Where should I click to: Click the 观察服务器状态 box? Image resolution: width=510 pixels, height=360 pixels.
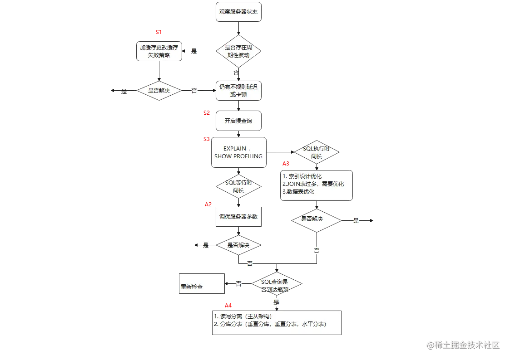click(x=238, y=12)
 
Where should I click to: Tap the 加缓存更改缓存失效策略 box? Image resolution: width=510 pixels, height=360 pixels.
click(x=158, y=51)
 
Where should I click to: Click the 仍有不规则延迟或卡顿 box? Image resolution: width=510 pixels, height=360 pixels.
click(x=238, y=90)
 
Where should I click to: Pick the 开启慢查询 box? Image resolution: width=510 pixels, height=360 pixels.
click(x=238, y=121)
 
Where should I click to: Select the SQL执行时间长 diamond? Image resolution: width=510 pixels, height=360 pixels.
click(x=316, y=153)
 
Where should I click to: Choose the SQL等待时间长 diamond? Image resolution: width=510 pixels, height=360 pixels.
click(x=238, y=186)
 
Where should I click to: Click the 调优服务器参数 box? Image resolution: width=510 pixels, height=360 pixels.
click(x=238, y=217)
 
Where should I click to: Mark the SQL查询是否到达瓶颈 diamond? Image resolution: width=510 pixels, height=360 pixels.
click(x=275, y=284)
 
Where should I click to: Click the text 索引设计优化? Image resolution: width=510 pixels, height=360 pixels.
click(x=305, y=176)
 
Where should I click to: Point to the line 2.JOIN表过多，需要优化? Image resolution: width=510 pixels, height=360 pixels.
click(x=313, y=184)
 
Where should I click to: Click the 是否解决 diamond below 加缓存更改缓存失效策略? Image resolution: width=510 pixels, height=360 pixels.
click(x=158, y=91)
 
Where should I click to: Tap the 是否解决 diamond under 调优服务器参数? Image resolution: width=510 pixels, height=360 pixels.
click(x=238, y=245)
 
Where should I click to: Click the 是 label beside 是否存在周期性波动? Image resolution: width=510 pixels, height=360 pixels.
click(x=194, y=51)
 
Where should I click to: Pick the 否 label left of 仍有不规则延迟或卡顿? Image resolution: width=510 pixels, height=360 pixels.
click(x=194, y=91)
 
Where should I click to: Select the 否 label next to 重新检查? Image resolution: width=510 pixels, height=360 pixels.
click(x=238, y=284)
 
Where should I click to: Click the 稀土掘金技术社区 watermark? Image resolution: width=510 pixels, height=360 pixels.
click(x=463, y=344)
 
